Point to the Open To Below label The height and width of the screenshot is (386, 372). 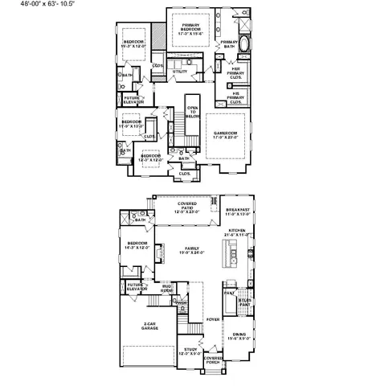[193, 111]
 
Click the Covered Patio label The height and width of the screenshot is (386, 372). [187, 207]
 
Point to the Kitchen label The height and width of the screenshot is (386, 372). [236, 232]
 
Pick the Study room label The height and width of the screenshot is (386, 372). [190, 350]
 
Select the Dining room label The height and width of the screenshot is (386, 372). [239, 335]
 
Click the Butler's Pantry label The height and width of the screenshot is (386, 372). [244, 302]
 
